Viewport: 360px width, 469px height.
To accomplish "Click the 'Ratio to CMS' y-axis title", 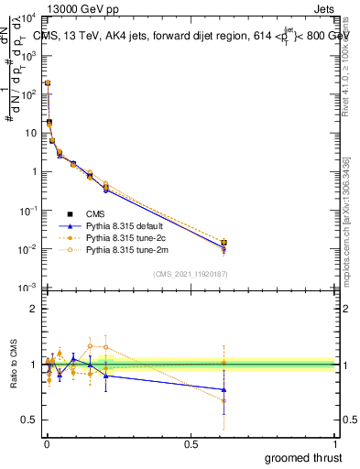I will (13, 363).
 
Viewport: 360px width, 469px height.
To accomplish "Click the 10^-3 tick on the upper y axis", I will (29, 288).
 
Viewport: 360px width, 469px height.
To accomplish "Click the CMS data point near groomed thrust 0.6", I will (224, 243).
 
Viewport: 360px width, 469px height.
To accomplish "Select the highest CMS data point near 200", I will (48, 83).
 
